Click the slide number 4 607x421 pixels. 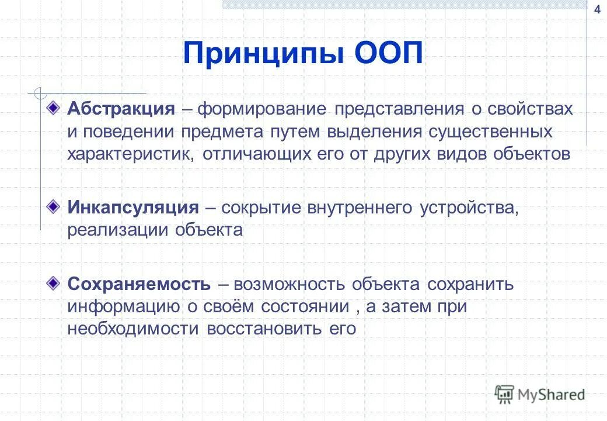[x=596, y=9]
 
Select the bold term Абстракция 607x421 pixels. [x=121, y=109]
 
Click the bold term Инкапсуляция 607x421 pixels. [x=133, y=208]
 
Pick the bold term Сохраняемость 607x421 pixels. [x=139, y=284]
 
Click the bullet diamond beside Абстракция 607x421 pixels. [x=53, y=108]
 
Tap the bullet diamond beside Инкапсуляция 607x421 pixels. [x=53, y=206]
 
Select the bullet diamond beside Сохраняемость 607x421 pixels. [x=53, y=284]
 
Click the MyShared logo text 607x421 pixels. [x=551, y=395]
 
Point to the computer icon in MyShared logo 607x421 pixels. [x=504, y=394]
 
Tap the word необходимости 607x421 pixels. [x=133, y=329]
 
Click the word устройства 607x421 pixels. [x=468, y=208]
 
